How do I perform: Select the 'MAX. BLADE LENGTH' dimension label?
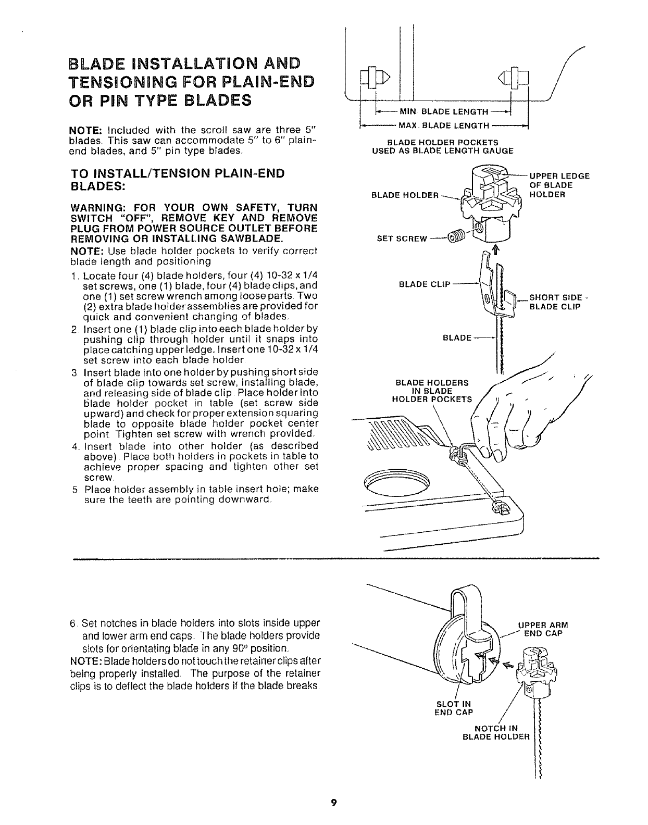click(443, 126)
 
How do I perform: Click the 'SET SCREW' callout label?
click(401, 239)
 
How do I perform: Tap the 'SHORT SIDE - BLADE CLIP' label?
click(555, 302)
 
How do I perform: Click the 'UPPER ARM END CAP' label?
click(542, 629)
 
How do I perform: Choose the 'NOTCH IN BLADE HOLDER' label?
click(496, 732)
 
